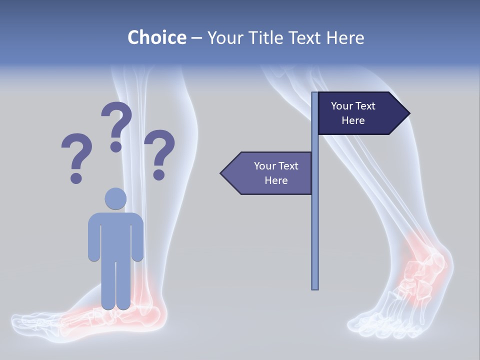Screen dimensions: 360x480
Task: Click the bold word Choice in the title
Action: click(156, 37)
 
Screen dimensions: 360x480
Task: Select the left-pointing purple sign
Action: click(270, 173)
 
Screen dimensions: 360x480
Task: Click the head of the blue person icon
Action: click(115, 198)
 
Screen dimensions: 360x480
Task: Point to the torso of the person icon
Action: click(115, 235)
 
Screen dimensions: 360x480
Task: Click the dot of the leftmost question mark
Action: click(76, 177)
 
